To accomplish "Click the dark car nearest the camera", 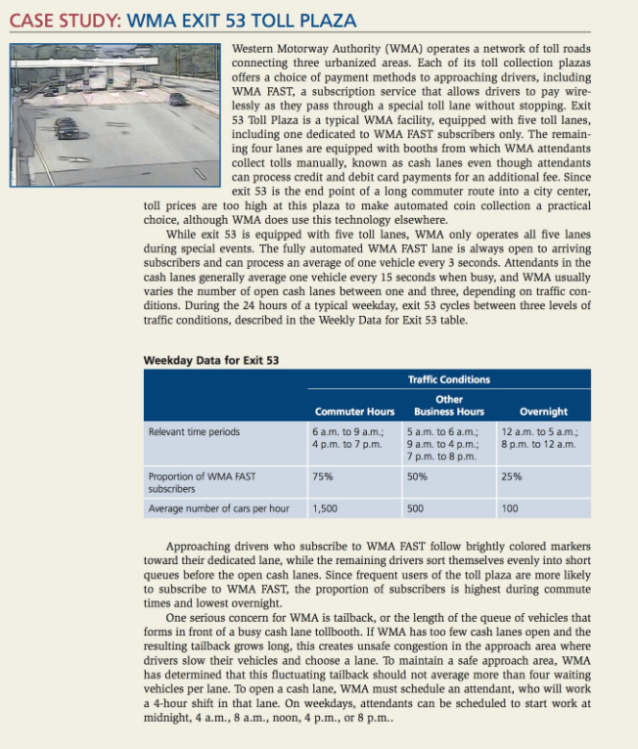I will click(x=66, y=127).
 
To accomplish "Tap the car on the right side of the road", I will click(x=177, y=99).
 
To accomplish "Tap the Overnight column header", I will click(x=543, y=412).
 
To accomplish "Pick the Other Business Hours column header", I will click(x=449, y=406).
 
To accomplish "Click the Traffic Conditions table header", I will click(x=449, y=379).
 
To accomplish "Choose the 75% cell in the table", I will click(x=321, y=476).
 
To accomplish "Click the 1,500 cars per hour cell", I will click(x=326, y=508).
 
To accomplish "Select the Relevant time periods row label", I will click(x=193, y=430).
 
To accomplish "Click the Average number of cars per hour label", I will click(x=218, y=508).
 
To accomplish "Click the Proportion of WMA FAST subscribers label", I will click(x=202, y=482).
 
